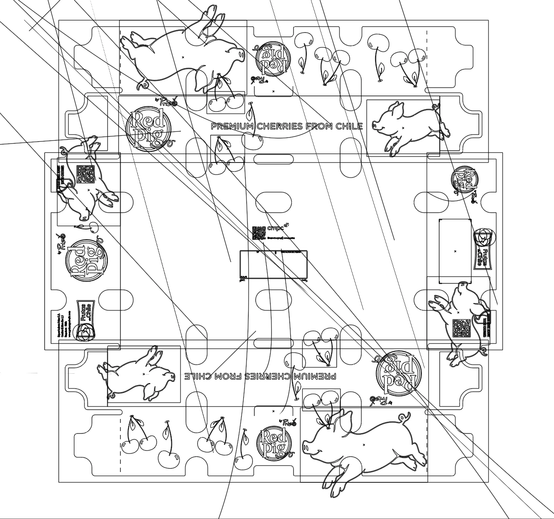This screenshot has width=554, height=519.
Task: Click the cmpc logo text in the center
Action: click(276, 228)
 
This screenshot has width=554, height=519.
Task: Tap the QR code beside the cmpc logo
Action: click(258, 233)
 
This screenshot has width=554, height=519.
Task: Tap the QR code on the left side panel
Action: click(85, 174)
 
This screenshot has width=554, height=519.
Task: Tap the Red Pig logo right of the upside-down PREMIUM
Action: click(395, 372)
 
